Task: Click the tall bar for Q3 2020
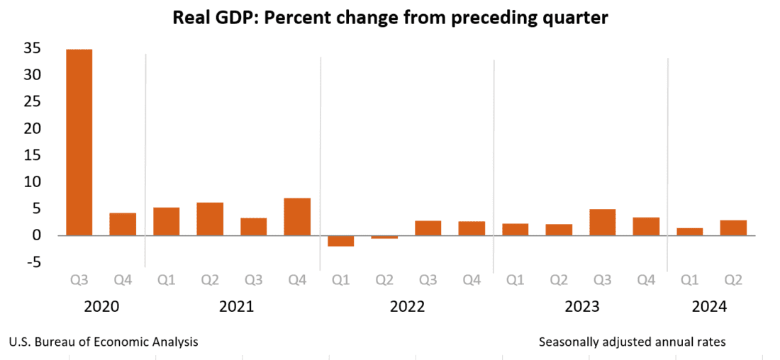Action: coord(79,142)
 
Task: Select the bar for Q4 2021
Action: coord(297,216)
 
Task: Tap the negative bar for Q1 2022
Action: coord(340,241)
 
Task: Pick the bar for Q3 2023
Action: coord(602,222)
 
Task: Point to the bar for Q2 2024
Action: coord(733,227)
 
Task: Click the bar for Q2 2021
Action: coord(210,218)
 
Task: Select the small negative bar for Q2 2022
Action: coord(384,237)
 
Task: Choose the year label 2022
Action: coord(407,307)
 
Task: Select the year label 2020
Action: coord(101,307)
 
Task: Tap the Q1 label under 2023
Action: coord(516,280)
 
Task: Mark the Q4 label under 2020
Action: coord(123,280)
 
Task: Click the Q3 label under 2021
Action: coord(253,280)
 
